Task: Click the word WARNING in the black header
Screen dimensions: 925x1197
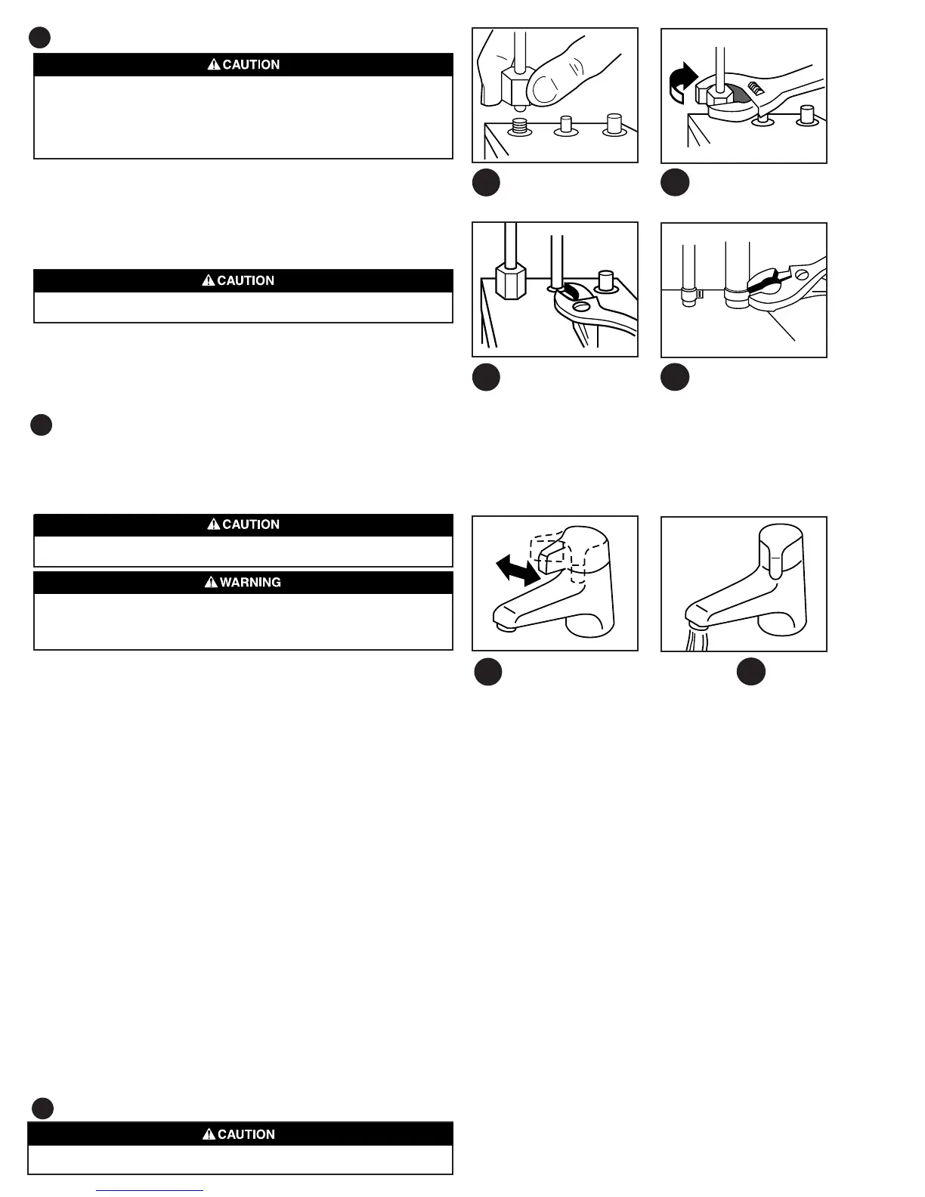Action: (x=250, y=583)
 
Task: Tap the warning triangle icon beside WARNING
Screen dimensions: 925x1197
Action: (x=211, y=583)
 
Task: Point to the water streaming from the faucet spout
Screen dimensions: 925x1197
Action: (x=697, y=639)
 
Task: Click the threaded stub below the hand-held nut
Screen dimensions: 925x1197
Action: (x=519, y=125)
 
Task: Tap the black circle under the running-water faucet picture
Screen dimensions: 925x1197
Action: (x=751, y=672)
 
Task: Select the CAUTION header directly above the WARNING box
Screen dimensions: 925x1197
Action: (x=243, y=524)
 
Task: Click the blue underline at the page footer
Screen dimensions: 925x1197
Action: (x=150, y=1190)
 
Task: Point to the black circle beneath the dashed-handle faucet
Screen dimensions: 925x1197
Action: (x=488, y=672)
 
